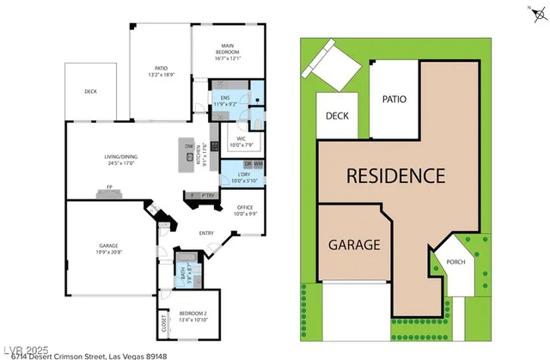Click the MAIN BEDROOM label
click(228, 49)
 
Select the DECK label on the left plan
click(90, 92)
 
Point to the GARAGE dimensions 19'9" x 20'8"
click(108, 253)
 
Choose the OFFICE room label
click(246, 207)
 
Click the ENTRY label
click(206, 233)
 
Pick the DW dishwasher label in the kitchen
click(189, 145)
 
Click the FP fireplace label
click(109, 186)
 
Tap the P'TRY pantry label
click(206, 197)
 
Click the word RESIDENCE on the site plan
click(395, 176)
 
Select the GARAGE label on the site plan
click(353, 245)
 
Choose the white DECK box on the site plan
click(336, 117)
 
